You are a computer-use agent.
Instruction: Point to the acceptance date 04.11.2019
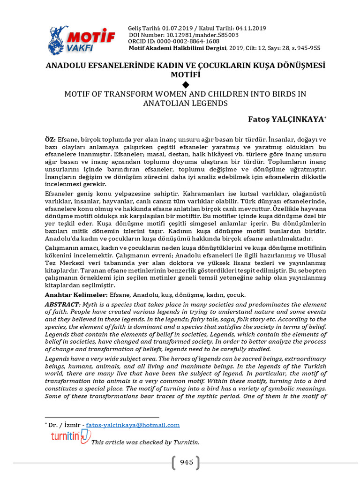pyautogui.click(x=250, y=28)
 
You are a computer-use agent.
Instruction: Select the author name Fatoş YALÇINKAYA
pyautogui.click(x=285, y=120)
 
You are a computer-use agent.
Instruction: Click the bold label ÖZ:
pyautogui.click(x=50, y=140)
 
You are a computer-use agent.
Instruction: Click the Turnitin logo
pyautogui.click(x=70, y=436)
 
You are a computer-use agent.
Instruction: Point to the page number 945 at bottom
pyautogui.click(x=186, y=463)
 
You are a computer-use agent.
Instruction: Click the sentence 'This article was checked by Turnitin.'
pyautogui.click(x=145, y=442)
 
